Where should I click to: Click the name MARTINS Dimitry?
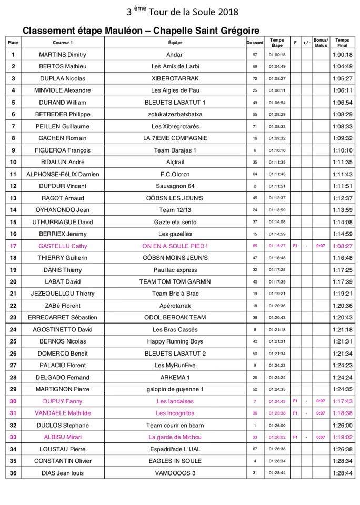63,55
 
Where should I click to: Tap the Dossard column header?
255,42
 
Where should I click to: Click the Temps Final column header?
342,42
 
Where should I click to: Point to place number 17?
13,246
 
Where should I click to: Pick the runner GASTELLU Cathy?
63,246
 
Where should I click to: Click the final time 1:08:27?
342,246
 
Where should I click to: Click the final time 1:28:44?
342,473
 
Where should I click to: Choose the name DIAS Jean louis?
63,473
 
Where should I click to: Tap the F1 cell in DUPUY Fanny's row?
295,401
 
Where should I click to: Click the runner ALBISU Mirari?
63,437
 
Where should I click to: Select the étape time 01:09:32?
277,138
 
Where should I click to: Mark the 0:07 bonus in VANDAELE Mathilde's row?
320,413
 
